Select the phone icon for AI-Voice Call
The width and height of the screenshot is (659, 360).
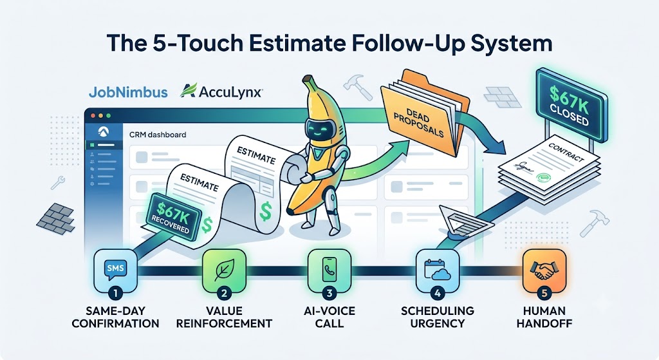(x=329, y=270)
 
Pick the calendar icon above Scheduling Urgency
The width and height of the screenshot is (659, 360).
(x=437, y=270)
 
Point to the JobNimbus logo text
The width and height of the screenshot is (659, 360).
(x=128, y=92)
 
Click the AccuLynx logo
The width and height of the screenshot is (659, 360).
(x=221, y=91)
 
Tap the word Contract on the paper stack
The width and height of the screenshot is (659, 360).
(x=566, y=152)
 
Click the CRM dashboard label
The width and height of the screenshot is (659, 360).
(x=158, y=135)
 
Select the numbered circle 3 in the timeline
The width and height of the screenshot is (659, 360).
(x=329, y=293)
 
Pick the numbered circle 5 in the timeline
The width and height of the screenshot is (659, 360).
(x=544, y=293)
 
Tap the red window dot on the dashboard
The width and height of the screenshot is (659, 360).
(x=93, y=115)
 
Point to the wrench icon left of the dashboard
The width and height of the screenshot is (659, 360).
(x=57, y=183)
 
